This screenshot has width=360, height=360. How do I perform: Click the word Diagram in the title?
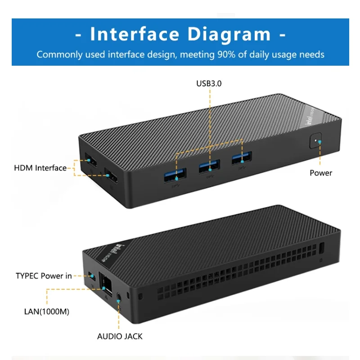pyautogui.click(x=227, y=35)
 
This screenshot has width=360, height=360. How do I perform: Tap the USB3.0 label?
pyautogui.click(x=209, y=83)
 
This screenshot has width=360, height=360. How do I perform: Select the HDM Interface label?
pyautogui.click(x=40, y=168)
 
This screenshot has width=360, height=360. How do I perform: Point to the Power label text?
pyautogui.click(x=321, y=173)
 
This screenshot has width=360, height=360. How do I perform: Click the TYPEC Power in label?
pyautogui.click(x=44, y=276)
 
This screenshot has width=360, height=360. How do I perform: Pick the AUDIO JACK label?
pyautogui.click(x=120, y=336)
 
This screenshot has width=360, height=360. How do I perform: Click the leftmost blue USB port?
pyautogui.click(x=175, y=175)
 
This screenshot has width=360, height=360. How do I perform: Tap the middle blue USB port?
pyautogui.click(x=210, y=166)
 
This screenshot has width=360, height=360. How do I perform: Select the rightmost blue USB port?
pyautogui.click(x=242, y=157)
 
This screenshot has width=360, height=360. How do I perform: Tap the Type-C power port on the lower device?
pyautogui.click(x=92, y=275)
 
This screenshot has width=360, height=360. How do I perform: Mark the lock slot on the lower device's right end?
pyautogui.click(x=321, y=248)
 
